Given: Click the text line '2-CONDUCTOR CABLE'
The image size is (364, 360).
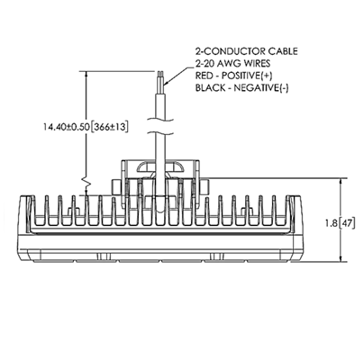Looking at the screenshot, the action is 246,51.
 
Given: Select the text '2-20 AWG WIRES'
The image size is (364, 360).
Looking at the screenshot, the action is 232,64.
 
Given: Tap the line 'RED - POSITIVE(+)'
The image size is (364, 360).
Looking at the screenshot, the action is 234,76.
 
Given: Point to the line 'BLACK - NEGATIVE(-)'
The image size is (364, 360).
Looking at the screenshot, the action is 241,88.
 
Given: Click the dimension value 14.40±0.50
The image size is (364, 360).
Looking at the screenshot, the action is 67,127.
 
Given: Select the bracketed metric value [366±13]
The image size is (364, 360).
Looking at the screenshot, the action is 109,127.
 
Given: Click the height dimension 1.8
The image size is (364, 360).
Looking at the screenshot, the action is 332,223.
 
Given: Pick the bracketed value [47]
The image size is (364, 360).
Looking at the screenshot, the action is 346,223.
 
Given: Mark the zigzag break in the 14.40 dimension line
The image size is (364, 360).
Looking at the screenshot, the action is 86,181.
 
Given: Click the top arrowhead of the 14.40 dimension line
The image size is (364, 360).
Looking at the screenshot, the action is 86,76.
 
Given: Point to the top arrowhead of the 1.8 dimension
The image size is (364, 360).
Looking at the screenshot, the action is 341,183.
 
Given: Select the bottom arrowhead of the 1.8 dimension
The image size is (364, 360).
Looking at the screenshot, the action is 341,257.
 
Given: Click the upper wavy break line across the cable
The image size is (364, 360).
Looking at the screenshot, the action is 161,121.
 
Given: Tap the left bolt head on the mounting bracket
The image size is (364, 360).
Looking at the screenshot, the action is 116,187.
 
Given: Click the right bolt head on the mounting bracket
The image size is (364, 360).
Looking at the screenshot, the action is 205,187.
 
